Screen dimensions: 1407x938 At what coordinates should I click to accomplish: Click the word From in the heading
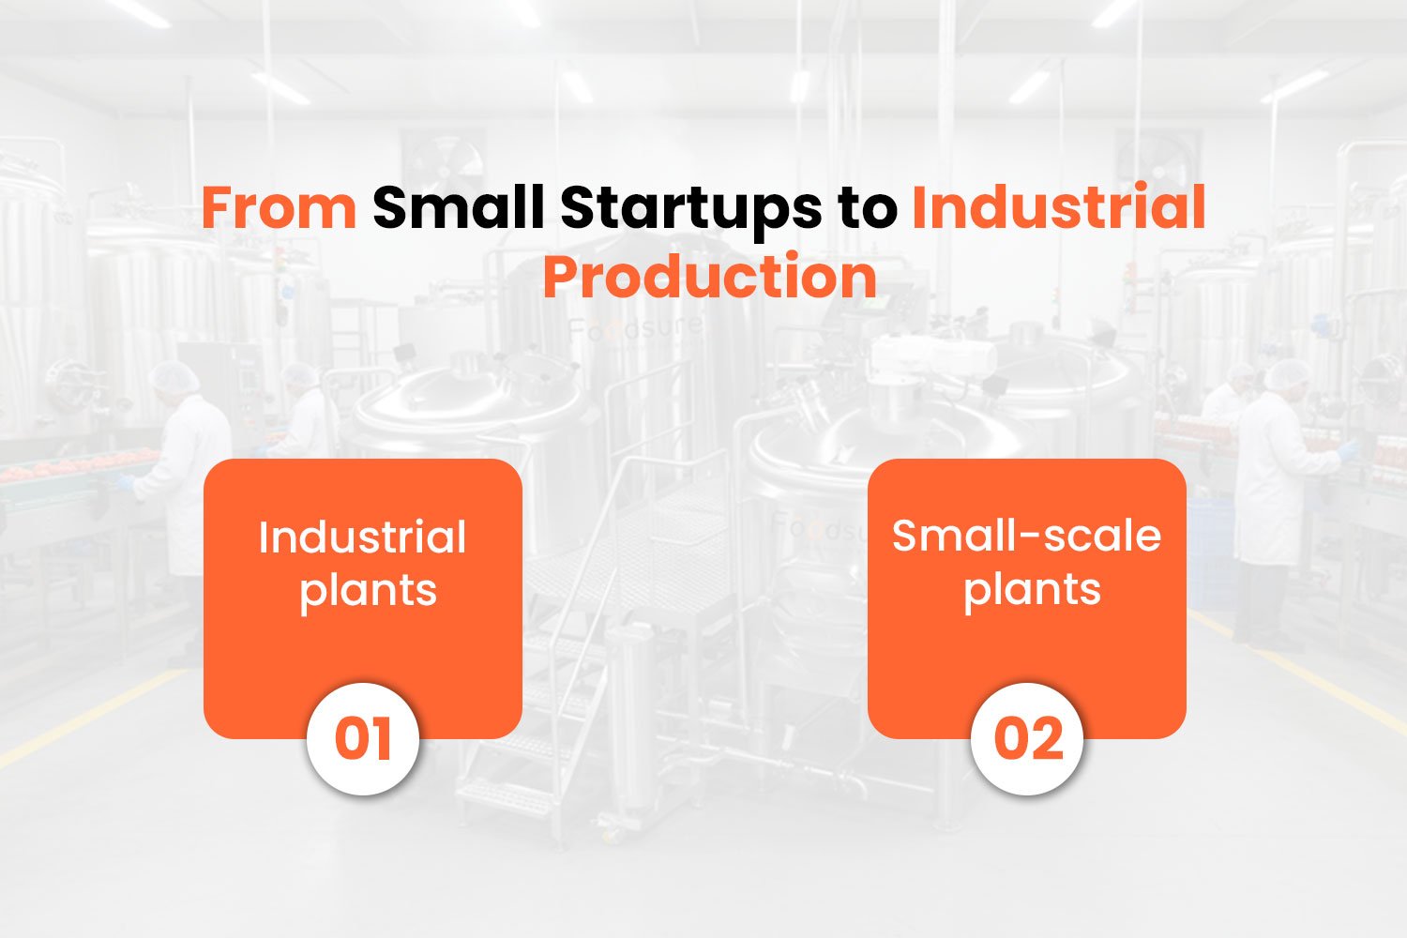click(280, 208)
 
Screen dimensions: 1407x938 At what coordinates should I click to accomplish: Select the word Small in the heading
click(458, 206)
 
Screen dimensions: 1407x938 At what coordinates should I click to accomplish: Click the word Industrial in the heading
click(1058, 206)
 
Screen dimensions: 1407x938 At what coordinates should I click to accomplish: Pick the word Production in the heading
click(710, 277)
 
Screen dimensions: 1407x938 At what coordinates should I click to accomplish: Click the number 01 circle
click(363, 739)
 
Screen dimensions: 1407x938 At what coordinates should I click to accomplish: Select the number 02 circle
click(1028, 739)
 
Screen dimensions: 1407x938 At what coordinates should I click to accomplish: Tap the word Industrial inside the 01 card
click(362, 537)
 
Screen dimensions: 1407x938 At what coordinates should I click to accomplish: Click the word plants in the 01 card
click(368, 593)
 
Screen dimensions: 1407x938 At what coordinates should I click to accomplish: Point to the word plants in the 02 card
click(1032, 591)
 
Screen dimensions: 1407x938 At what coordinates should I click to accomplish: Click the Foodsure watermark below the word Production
click(634, 328)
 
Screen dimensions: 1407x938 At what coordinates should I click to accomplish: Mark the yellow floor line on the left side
click(88, 719)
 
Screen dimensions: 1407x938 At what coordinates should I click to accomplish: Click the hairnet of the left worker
click(174, 377)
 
